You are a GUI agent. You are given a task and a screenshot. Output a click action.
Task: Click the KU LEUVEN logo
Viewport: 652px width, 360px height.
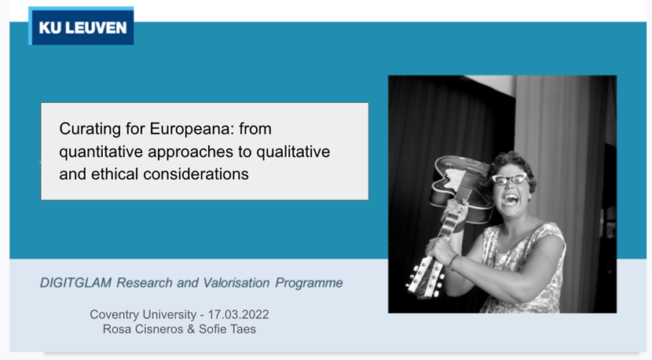pyautogui.click(x=81, y=26)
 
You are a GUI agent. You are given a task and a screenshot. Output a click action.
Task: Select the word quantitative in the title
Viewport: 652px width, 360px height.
pyautogui.click(x=101, y=152)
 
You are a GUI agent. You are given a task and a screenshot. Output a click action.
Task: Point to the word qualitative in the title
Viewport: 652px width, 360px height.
pyautogui.click(x=293, y=152)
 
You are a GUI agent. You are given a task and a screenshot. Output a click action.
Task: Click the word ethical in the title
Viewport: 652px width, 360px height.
pyautogui.click(x=115, y=174)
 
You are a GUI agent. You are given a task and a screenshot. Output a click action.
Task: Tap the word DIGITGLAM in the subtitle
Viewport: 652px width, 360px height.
pyautogui.click(x=75, y=283)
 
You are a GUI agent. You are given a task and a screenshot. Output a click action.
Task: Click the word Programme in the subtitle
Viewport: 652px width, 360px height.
pyautogui.click(x=309, y=284)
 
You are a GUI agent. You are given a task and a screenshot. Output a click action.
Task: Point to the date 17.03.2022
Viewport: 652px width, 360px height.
pyautogui.click(x=238, y=314)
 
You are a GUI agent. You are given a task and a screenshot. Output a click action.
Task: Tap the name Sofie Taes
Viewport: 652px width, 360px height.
pyautogui.click(x=228, y=329)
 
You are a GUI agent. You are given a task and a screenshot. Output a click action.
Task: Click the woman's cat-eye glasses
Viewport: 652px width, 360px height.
pyautogui.click(x=510, y=179)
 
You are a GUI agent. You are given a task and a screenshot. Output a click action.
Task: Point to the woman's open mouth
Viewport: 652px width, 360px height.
pyautogui.click(x=510, y=200)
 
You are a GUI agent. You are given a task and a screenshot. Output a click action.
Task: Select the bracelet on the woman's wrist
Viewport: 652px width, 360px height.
pyautogui.click(x=452, y=262)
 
